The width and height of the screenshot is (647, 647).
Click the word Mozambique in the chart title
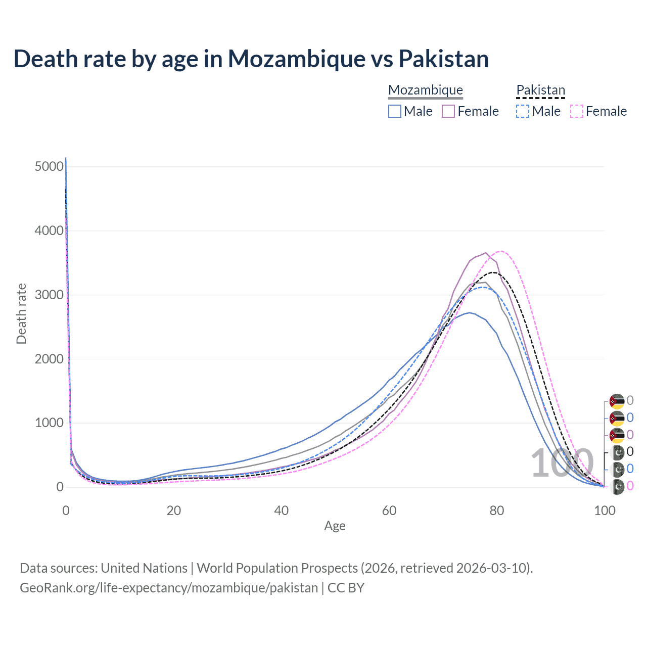(x=296, y=59)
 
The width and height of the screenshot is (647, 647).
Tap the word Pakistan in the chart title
(x=443, y=59)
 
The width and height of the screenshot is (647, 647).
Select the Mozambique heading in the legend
(x=426, y=90)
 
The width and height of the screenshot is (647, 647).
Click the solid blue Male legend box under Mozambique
(x=395, y=111)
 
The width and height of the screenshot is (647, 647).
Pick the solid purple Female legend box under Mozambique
(x=448, y=111)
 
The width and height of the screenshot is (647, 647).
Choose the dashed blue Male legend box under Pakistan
(x=523, y=111)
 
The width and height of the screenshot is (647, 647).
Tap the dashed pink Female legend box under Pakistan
(x=576, y=111)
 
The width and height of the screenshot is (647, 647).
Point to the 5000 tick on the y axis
(x=50, y=167)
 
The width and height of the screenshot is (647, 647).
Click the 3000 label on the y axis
(x=50, y=295)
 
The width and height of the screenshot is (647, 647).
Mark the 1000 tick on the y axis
(x=50, y=423)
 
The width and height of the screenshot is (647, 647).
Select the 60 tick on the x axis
(x=389, y=511)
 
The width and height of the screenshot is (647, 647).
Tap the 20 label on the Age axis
(x=174, y=511)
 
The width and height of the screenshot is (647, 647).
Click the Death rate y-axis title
(x=21, y=314)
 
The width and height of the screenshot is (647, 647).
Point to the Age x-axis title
(x=335, y=526)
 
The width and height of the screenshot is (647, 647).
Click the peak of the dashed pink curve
(x=500, y=251)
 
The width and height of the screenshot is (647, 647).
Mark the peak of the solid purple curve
(x=486, y=253)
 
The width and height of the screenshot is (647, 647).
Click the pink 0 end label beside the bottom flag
(x=630, y=486)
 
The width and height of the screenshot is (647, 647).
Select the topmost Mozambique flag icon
(x=617, y=401)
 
